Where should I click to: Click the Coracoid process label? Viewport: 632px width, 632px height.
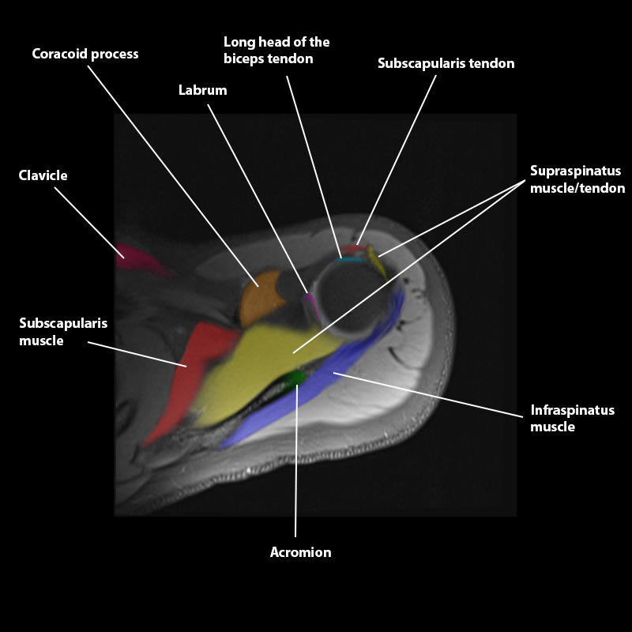85,55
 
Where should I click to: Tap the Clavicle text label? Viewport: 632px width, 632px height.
43,175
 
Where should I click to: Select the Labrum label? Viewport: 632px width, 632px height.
202,90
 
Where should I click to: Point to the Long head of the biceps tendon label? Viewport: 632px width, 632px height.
276,50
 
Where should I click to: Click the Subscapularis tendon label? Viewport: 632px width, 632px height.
446,63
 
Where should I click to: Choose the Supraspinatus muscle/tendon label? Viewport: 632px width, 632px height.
577,179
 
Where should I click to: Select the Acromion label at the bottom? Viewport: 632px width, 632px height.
300,552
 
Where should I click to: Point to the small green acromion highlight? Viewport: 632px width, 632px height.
297,378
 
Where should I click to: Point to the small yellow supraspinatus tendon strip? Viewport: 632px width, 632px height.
376,261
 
